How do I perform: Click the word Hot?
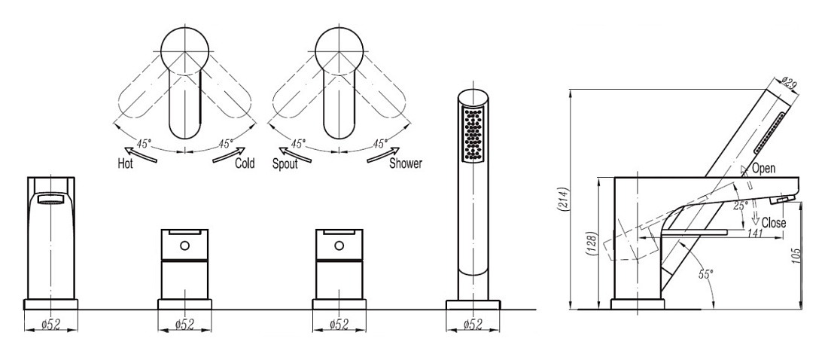pos(125,164)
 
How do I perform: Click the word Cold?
pos(245,163)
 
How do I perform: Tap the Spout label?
pos(285,164)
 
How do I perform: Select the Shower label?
pos(406,163)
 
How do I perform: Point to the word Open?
pos(763,168)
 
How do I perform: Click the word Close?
pos(774,223)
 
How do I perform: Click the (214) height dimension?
pos(565,200)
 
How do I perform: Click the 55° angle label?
pos(705,273)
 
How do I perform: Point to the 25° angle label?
pos(740,206)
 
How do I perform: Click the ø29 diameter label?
pos(790,84)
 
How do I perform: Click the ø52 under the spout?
pos(50,325)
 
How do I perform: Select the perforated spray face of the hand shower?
pos(473,134)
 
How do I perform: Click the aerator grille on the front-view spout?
pos(50,200)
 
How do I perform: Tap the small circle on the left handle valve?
pos(184,246)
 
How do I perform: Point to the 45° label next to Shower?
pos(380,143)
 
